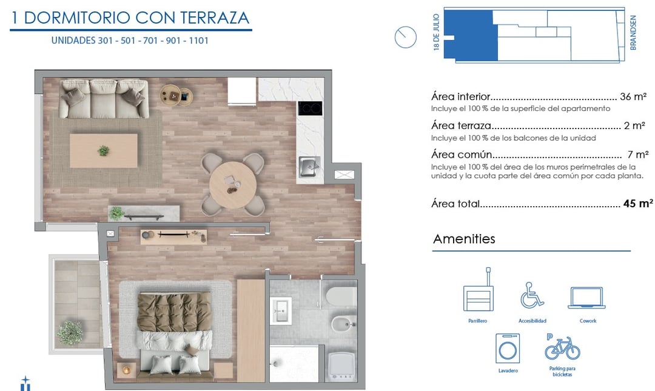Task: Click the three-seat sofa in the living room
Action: (x=104, y=99)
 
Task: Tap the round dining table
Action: (x=233, y=185)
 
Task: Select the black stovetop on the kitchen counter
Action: (x=309, y=108)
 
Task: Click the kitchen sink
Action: (x=309, y=166)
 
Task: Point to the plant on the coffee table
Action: (x=103, y=150)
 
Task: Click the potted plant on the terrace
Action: (x=70, y=333)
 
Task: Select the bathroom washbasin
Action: (x=281, y=310)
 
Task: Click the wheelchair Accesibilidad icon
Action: (x=531, y=295)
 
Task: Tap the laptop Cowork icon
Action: (x=586, y=298)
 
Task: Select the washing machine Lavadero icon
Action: (x=508, y=348)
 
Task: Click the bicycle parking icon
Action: (x=562, y=347)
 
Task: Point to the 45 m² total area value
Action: (x=638, y=203)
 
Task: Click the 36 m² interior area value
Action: (x=633, y=96)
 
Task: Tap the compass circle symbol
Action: (x=405, y=37)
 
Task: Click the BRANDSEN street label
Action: (x=633, y=33)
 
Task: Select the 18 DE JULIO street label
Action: (x=437, y=32)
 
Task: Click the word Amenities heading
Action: (x=464, y=239)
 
